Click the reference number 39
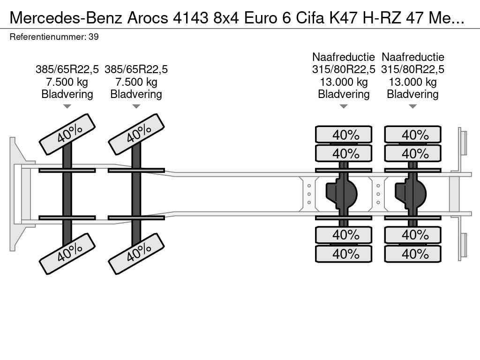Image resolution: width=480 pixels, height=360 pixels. pos(94,37)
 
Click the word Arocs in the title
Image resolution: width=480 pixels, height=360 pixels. pos(148,18)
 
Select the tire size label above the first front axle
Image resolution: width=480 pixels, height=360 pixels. pos(67,69)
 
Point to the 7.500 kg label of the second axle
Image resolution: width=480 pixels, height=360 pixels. pos(136,82)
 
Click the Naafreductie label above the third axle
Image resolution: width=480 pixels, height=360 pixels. pos(344,57)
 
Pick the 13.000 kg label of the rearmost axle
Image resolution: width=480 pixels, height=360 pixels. pos(412,82)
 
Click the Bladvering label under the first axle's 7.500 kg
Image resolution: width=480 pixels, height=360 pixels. pos(67,94)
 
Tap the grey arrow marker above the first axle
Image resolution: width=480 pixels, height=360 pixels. pos(67,106)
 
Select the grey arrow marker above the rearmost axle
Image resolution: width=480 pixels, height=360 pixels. pos(412,106)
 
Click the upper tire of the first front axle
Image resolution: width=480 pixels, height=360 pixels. pos(67,135)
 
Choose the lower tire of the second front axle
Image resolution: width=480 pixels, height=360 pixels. pos(136,254)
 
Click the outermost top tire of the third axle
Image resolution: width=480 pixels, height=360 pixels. pos(344,135)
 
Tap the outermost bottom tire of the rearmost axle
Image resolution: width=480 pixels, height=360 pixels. pos(412,254)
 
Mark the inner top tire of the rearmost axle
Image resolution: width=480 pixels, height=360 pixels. pos(412,153)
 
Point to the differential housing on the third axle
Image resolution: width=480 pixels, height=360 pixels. pos(341,194)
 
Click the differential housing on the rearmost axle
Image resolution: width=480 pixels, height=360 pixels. pos(411,194)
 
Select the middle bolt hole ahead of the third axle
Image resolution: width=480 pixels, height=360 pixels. pos(309,194)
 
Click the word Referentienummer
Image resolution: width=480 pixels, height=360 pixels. pos(47,37)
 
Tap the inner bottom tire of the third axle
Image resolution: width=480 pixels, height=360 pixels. pos(344,235)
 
